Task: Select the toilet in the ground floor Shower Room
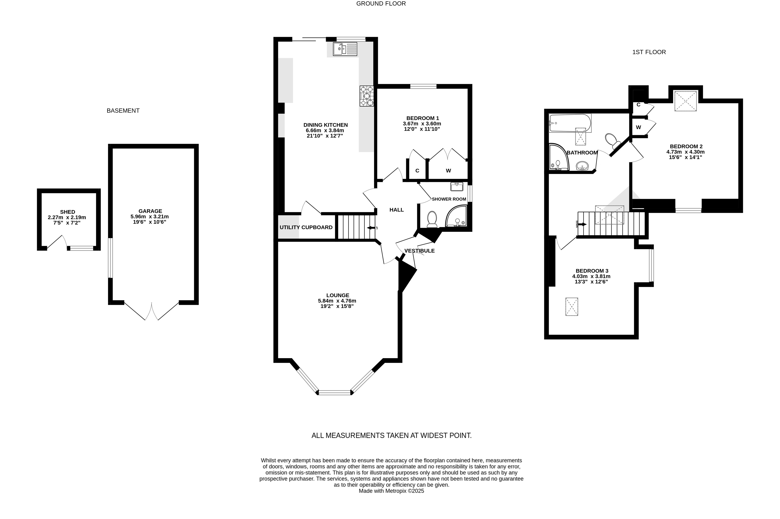tap(432, 219)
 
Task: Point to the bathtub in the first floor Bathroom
tap(570, 123)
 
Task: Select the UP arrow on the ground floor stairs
tap(372, 228)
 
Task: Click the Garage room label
tap(150, 211)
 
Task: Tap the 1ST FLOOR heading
tap(649, 52)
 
